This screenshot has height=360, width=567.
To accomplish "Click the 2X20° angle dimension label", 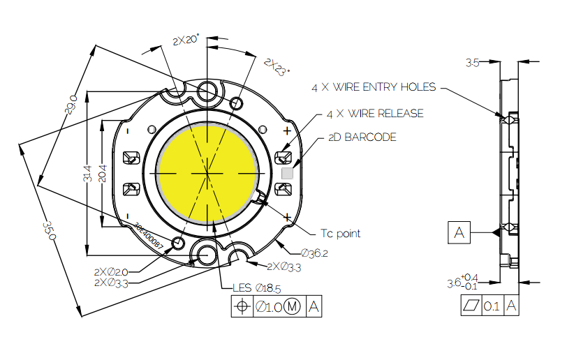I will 186,40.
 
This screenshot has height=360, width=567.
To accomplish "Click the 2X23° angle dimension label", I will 277,67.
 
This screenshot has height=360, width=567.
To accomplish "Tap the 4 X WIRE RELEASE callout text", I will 375,113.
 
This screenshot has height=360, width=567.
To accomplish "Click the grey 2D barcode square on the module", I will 286,172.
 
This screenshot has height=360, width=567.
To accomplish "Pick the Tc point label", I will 340,233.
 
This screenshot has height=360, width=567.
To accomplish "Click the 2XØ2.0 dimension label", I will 111,271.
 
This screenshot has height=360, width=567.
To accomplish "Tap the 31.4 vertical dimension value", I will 87,174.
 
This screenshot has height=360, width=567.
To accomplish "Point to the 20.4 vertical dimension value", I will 102,174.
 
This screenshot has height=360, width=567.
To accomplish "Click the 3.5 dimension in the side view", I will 472,63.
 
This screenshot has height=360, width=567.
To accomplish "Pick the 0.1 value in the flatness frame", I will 491,306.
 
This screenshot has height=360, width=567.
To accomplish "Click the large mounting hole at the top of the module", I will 207,91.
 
